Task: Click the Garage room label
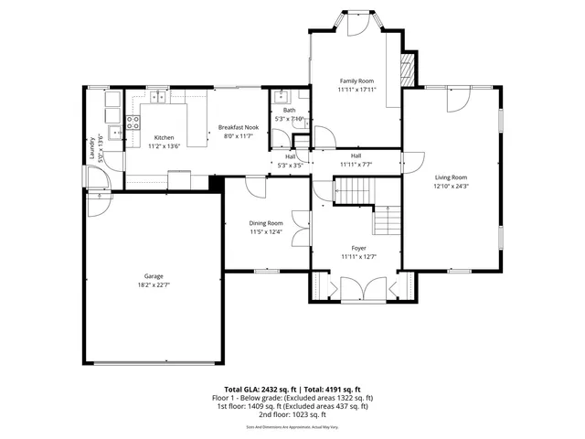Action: coord(152,275)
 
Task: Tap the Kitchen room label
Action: coord(163,137)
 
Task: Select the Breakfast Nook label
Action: coord(239,127)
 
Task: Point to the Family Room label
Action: coord(356,81)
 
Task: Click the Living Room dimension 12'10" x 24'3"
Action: coord(451,186)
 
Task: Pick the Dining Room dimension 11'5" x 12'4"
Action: coord(266,231)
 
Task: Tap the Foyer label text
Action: coord(358,248)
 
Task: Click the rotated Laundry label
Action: coord(92,149)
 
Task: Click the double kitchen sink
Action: coord(157,95)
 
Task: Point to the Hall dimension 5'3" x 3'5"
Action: coord(290,166)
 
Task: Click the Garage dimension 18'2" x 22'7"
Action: coord(152,284)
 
